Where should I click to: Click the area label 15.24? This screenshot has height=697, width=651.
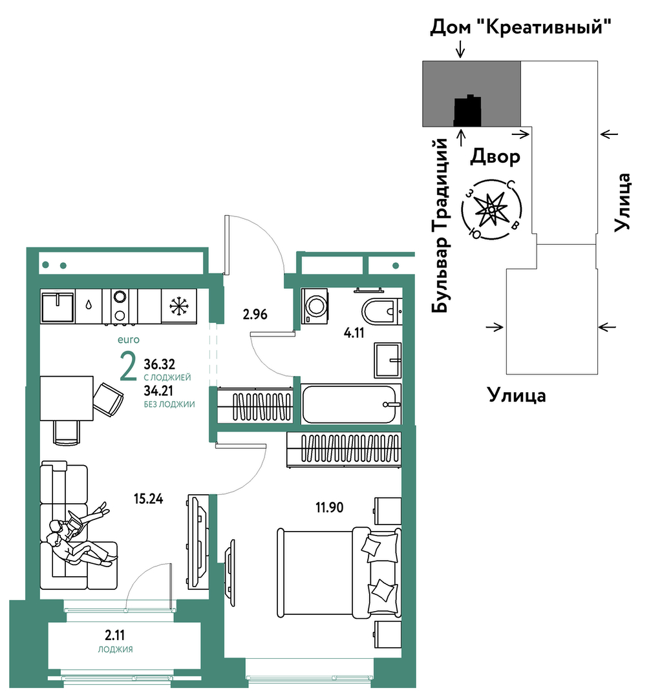pos(148,499)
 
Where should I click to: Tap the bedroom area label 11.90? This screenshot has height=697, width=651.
pos(329,507)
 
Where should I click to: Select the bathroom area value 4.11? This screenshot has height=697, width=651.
pos(354,333)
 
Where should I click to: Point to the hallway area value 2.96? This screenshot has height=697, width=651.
pos(255,315)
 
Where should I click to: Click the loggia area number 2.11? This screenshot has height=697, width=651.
pos(115,634)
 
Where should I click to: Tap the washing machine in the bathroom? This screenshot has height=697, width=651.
pos(315,306)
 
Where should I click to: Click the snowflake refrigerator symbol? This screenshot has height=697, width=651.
pos(179,306)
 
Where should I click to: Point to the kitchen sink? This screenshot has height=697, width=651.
pos(58,306)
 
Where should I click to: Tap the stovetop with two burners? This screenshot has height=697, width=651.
pos(119,306)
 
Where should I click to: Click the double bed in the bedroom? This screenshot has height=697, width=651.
pos(339,572)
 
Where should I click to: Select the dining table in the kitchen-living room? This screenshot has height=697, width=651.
pos(67,398)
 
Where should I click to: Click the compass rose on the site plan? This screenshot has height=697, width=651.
pos(491,209)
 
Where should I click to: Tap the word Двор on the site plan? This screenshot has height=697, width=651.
pos(495,156)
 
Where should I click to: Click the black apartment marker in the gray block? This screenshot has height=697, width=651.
pos(467,110)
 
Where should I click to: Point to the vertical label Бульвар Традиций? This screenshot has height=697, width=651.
pos(440,226)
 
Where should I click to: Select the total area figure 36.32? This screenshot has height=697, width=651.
pos(159,364)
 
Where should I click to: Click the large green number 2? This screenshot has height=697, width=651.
pos(128,366)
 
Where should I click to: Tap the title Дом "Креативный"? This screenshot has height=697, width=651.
pos(520,27)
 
